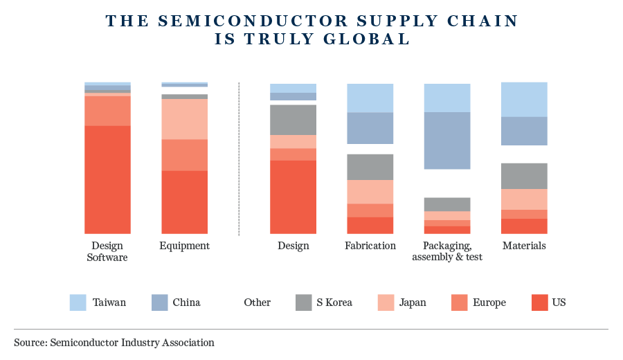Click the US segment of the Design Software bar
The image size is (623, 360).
tap(107, 179)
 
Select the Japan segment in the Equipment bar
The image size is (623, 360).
tap(184, 119)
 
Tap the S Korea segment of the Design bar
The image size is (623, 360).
tap(293, 120)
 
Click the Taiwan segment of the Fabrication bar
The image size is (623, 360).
tap(370, 98)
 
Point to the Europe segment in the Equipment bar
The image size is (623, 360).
tap(184, 154)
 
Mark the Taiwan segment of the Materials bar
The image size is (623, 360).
tap(524, 99)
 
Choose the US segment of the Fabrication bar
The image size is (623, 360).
tap(370, 226)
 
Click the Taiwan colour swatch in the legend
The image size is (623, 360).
tap(78, 303)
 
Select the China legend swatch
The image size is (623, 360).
tap(160, 303)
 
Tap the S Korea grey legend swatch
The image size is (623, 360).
tap(304, 303)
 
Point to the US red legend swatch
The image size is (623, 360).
tap(540, 303)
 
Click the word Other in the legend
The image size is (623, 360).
tap(257, 303)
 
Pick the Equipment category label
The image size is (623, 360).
tap(184, 246)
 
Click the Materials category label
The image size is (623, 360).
tap(524, 246)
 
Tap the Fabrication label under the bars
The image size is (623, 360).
tap(370, 246)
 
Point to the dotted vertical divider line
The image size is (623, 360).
tap(239, 159)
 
